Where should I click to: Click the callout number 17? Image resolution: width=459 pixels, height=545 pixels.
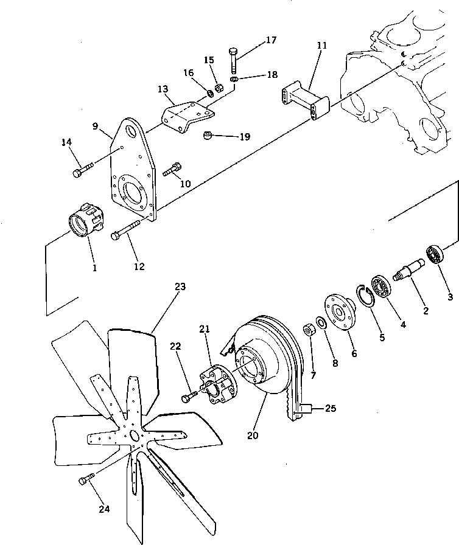coord(270,41)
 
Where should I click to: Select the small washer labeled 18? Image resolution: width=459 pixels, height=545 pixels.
coord(235,79)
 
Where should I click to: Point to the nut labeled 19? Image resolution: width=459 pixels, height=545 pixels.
coord(208,134)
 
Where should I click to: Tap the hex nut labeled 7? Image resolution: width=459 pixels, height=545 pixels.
coord(309,332)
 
